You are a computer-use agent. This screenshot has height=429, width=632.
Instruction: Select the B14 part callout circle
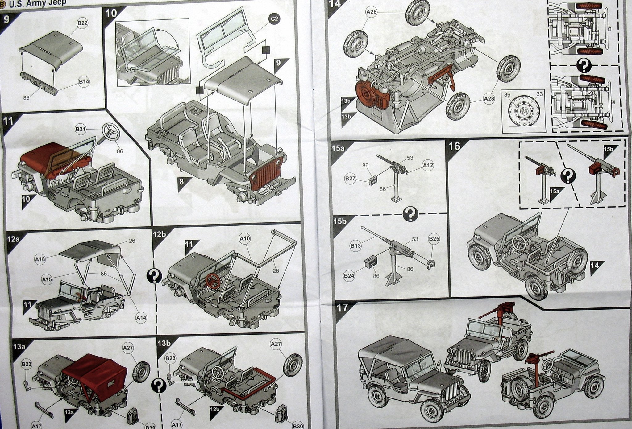click(84, 82)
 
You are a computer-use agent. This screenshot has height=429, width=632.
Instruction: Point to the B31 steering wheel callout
click(81, 130)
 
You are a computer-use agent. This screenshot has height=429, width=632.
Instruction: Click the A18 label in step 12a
click(40, 259)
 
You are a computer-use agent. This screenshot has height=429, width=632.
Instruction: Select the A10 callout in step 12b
click(245, 238)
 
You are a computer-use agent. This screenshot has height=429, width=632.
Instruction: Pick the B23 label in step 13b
click(170, 358)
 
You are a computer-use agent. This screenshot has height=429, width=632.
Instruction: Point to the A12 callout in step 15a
click(428, 165)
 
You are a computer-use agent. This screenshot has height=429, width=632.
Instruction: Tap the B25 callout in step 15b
click(434, 239)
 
